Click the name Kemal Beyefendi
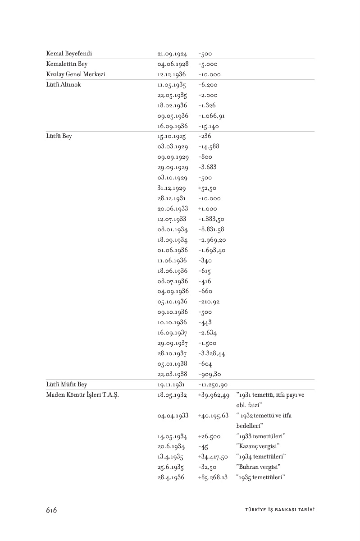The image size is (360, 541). [x=69, y=54]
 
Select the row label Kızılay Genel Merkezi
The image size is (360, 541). [x=75, y=74]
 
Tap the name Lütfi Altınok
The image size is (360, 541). [x=64, y=85]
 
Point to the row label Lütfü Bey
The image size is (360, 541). [x=59, y=136]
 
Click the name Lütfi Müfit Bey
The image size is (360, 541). [x=66, y=385]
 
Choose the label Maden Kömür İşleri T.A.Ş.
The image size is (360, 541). [x=82, y=395]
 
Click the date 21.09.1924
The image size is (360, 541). [x=173, y=54]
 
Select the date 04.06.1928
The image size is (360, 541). [x=173, y=64]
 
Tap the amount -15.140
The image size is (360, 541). [x=209, y=126]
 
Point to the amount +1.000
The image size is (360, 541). [x=207, y=209]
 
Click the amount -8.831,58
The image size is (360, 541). [x=211, y=229]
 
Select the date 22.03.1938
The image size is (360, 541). [x=173, y=374]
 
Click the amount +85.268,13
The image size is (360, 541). [x=213, y=477]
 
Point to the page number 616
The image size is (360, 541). [x=51, y=510]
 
